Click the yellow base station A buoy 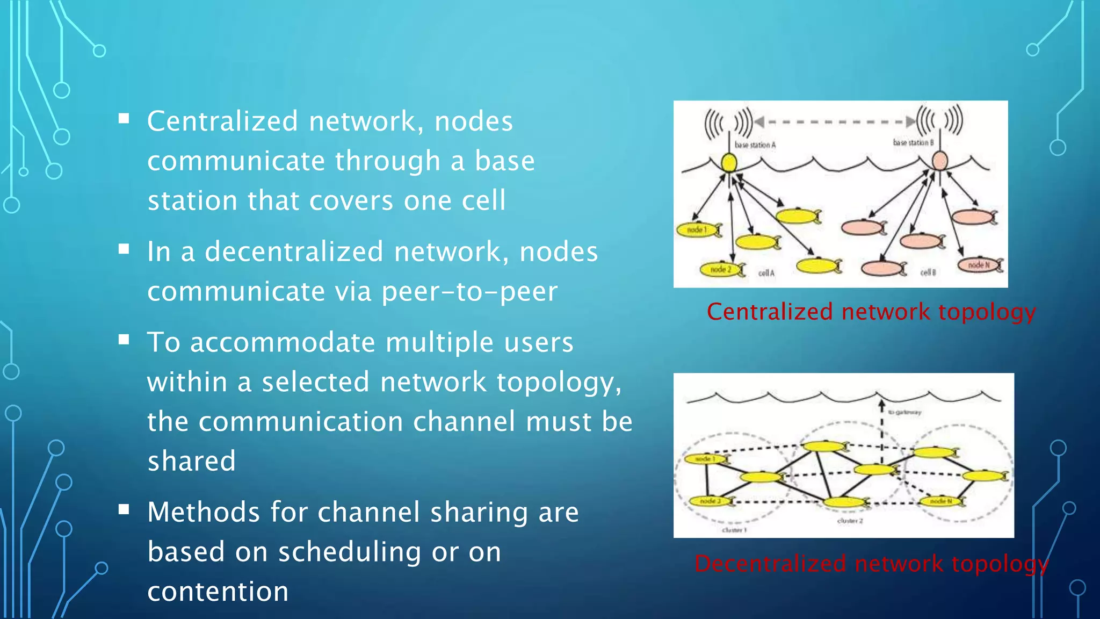pyautogui.click(x=728, y=162)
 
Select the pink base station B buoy pyautogui.click(x=940, y=161)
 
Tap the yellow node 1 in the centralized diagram pyautogui.click(x=697, y=230)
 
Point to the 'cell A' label pyautogui.click(x=766, y=273)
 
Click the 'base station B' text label pyautogui.click(x=913, y=142)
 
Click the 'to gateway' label pyautogui.click(x=904, y=412)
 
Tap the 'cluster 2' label pyautogui.click(x=850, y=521)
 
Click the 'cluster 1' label pyautogui.click(x=734, y=530)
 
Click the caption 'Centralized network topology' pyautogui.click(x=871, y=312)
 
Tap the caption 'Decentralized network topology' pyautogui.click(x=871, y=564)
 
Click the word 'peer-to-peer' pyautogui.click(x=469, y=292)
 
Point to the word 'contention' pyautogui.click(x=218, y=592)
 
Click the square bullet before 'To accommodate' pyautogui.click(x=124, y=340)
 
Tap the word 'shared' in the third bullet pyautogui.click(x=192, y=461)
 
